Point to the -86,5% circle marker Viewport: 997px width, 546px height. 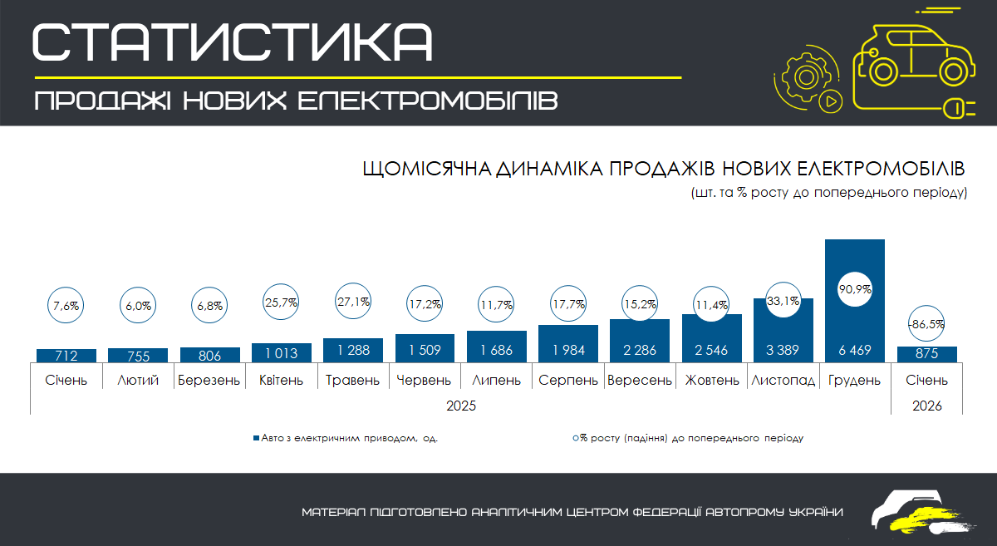926,324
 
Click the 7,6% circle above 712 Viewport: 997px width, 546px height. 66,305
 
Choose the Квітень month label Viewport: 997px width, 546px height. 281,381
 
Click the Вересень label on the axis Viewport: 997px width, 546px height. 639,381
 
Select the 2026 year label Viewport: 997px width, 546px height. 926,406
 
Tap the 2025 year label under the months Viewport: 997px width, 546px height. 461,406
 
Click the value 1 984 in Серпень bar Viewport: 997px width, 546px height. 567,350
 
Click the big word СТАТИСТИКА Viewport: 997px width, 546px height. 233,42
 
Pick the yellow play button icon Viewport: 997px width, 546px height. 829,101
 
